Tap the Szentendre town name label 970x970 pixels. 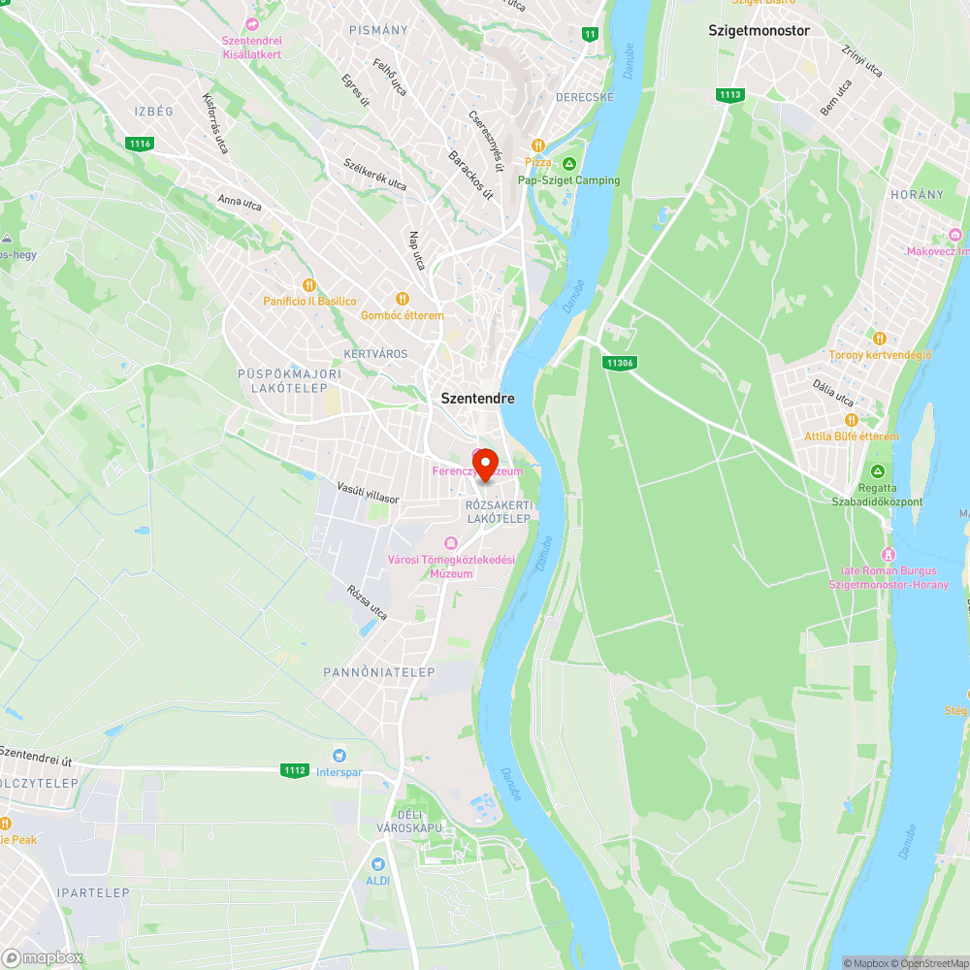(x=477, y=399)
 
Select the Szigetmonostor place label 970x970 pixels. (x=759, y=30)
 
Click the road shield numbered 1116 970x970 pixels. (x=140, y=144)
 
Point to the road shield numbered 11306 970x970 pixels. (x=619, y=363)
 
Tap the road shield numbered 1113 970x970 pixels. (x=730, y=94)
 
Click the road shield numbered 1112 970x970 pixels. (x=296, y=770)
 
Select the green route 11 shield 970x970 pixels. (x=590, y=34)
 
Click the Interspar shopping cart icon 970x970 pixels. (x=339, y=756)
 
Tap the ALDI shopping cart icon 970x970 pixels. (x=378, y=863)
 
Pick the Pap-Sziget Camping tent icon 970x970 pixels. (x=569, y=163)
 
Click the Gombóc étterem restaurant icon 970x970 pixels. (x=402, y=299)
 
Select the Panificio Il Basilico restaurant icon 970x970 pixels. (x=309, y=285)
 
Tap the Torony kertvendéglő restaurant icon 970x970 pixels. (x=880, y=339)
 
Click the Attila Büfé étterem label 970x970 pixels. (x=852, y=436)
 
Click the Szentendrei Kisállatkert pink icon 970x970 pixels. (x=252, y=23)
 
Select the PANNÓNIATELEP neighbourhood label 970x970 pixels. (x=379, y=671)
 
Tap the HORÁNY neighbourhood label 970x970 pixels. (x=917, y=195)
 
